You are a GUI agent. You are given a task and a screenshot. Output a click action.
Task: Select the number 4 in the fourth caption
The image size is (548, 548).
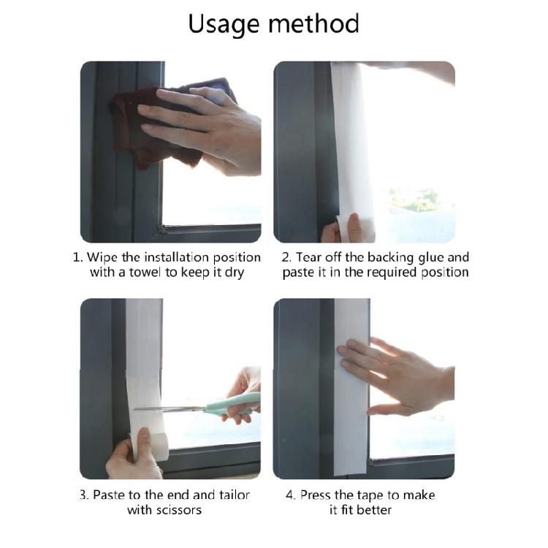[290, 495]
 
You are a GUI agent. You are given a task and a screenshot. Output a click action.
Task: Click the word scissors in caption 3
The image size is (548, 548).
[178, 510]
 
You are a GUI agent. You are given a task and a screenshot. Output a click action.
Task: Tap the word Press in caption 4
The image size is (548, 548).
[319, 495]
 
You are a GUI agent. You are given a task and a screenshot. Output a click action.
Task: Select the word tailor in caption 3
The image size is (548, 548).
[231, 495]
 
